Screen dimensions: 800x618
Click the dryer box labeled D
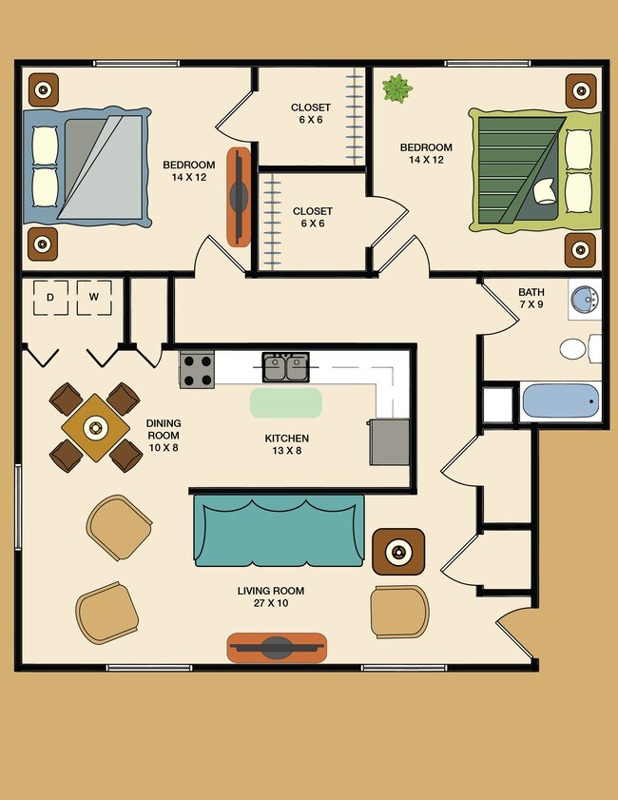[x=49, y=298]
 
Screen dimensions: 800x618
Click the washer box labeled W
[x=94, y=298]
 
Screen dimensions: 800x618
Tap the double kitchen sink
[x=285, y=367]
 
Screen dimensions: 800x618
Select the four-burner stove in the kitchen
[x=197, y=369]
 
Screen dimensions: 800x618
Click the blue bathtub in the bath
[x=560, y=401]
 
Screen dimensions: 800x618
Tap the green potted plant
[x=396, y=89]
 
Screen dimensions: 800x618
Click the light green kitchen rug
[x=285, y=402]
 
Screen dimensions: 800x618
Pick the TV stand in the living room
[x=277, y=648]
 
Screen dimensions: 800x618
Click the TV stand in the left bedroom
[x=238, y=196]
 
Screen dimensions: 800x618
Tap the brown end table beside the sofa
[x=398, y=552]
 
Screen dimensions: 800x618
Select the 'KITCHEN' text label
[x=286, y=439]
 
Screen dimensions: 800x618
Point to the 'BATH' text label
[x=531, y=292]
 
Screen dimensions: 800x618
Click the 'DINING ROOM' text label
[x=163, y=429]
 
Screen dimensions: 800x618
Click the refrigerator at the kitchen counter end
[x=390, y=441]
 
